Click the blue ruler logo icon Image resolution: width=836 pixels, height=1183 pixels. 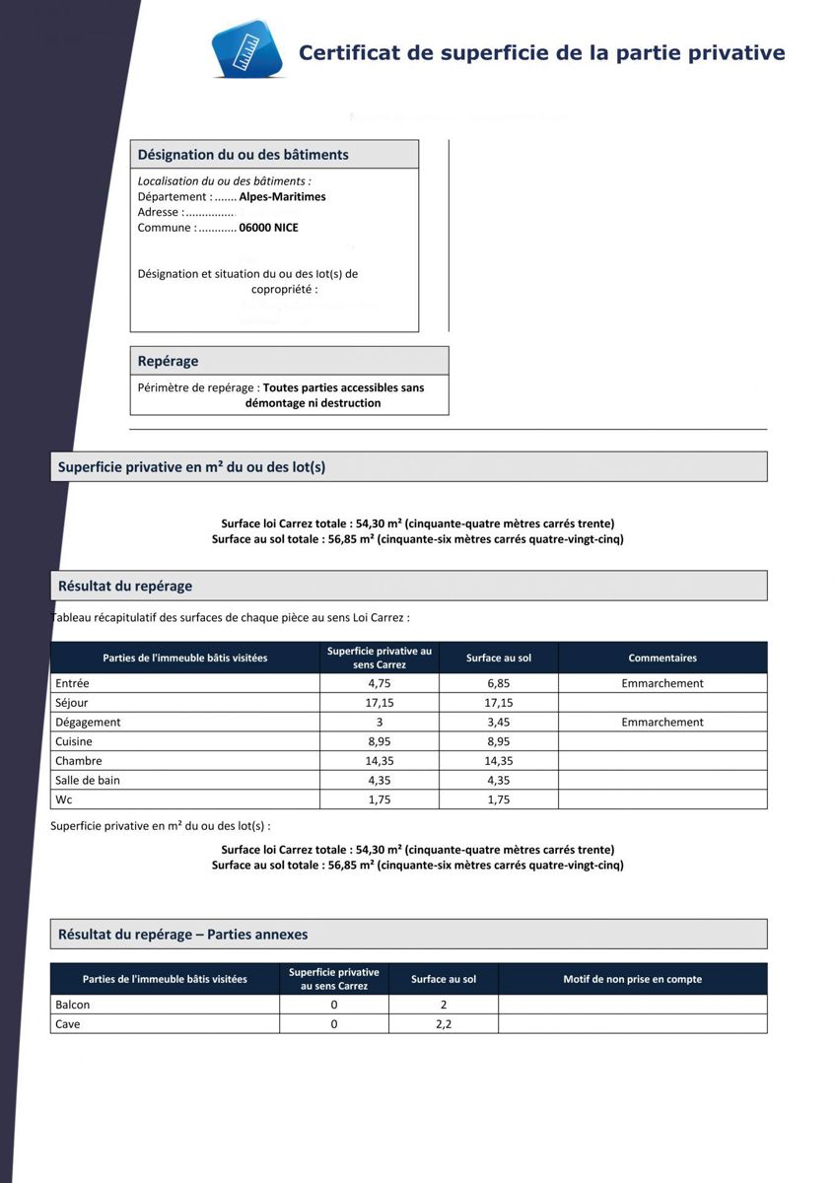[x=246, y=49]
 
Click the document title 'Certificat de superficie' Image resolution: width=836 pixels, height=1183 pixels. [x=541, y=52]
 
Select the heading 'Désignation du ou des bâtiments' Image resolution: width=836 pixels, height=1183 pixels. [x=243, y=155]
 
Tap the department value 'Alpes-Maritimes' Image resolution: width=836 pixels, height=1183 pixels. [x=282, y=196]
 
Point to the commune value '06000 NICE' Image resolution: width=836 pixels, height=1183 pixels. [x=268, y=228]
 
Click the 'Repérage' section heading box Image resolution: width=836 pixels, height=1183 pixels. [x=289, y=361]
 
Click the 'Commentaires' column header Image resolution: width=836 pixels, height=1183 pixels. [x=662, y=658]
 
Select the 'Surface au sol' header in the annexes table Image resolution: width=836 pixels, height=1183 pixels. [x=444, y=979]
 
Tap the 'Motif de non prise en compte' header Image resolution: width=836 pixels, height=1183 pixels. [x=632, y=979]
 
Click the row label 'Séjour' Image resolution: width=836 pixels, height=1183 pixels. [x=72, y=703]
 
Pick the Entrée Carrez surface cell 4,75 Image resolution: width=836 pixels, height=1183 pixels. [x=380, y=683]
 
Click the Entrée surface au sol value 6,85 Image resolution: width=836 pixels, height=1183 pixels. [x=498, y=683]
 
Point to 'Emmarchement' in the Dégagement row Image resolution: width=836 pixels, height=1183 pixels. [x=662, y=722]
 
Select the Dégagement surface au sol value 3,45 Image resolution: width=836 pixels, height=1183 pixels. [x=498, y=722]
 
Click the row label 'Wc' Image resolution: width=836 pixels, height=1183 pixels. [x=64, y=800]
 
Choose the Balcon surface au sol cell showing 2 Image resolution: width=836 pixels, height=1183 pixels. [x=444, y=1005]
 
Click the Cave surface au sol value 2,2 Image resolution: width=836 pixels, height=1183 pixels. [x=444, y=1024]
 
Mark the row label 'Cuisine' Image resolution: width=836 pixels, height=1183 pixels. [x=74, y=741]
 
